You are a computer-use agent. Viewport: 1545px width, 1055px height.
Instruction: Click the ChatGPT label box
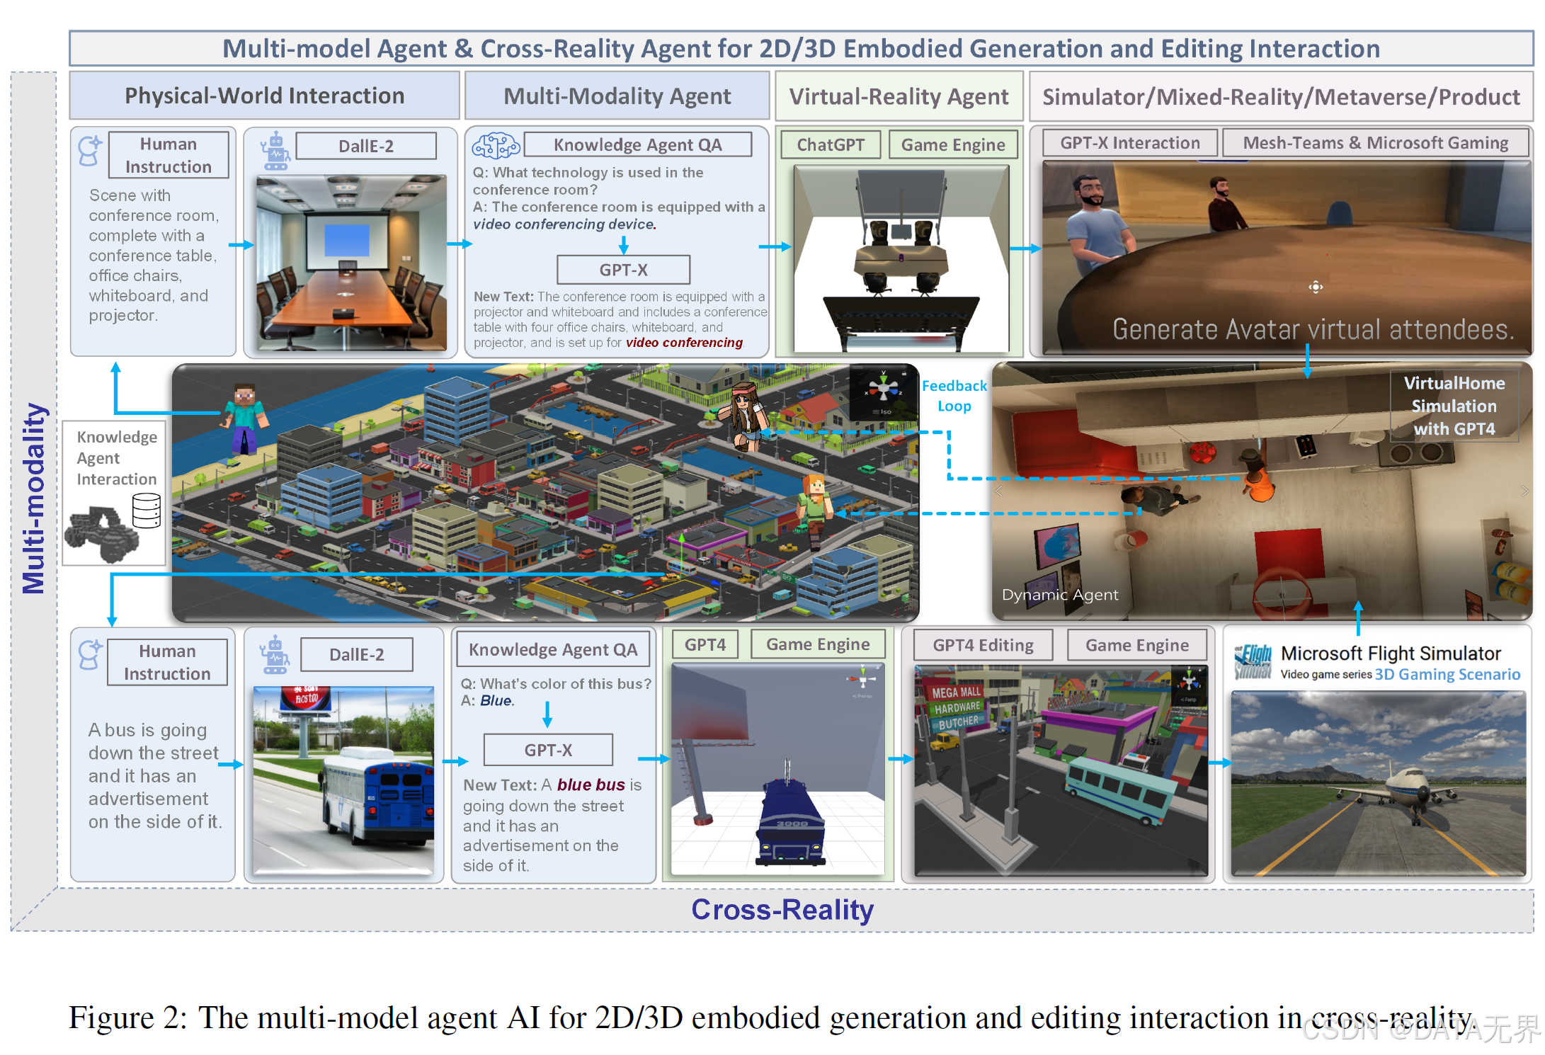point(830,145)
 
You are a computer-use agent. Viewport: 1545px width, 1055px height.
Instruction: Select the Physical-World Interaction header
point(264,96)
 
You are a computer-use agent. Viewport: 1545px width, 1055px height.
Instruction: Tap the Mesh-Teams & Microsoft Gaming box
point(1375,143)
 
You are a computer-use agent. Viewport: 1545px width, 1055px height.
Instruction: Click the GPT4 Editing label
point(983,645)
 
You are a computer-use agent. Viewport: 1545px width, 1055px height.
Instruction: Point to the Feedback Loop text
point(954,396)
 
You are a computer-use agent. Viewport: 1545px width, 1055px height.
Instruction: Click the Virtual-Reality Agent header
point(899,96)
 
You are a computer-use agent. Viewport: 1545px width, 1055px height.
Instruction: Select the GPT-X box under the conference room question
point(623,270)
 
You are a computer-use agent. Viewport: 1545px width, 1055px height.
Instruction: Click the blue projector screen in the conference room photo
point(346,240)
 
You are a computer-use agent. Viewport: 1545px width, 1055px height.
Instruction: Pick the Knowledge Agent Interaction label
point(117,458)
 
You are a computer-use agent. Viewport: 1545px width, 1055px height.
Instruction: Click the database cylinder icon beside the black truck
point(147,511)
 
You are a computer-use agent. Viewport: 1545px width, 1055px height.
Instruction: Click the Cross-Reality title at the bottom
point(782,909)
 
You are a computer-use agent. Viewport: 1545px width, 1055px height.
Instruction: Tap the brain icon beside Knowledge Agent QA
point(496,146)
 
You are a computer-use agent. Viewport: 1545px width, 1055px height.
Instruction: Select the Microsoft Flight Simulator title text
point(1391,653)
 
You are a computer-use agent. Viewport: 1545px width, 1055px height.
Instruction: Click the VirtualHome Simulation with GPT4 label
point(1454,406)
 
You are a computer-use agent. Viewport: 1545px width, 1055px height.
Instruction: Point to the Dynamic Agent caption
point(1060,595)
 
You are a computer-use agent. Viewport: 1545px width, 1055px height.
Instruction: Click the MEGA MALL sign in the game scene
point(956,692)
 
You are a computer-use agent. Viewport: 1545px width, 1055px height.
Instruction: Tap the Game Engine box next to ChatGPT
point(952,145)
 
